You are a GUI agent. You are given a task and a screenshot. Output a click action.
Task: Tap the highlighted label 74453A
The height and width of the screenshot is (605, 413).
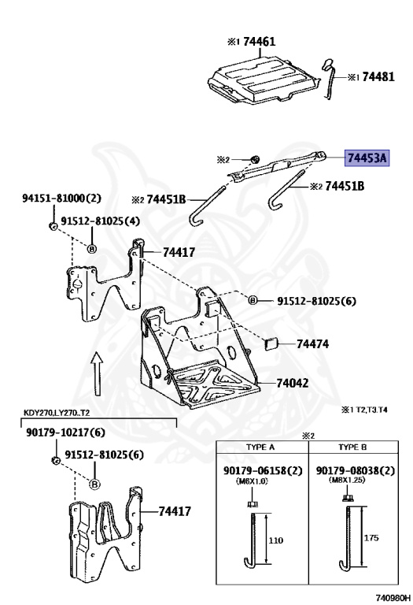tap(368, 158)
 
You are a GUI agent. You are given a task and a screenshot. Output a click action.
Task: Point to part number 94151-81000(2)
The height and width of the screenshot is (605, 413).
tap(56, 199)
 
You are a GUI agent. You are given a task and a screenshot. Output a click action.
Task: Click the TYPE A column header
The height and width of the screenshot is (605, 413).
tap(260, 447)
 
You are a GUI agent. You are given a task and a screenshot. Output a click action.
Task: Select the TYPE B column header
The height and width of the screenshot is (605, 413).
tap(353, 447)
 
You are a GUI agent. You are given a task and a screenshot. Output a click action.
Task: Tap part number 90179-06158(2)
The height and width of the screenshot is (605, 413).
tap(260, 470)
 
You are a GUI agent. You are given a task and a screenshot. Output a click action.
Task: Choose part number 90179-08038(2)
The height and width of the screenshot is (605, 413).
tap(355, 470)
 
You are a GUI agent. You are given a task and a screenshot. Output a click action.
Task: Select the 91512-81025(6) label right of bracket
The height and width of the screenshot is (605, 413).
tap(316, 301)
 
